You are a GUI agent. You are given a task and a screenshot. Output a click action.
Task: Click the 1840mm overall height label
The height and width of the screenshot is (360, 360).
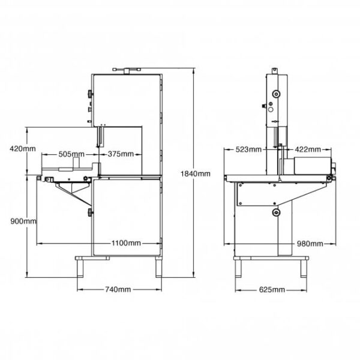tap(195, 173)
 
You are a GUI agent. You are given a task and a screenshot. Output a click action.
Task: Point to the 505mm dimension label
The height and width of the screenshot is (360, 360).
tap(71, 154)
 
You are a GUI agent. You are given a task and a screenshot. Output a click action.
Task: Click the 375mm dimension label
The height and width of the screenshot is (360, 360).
tap(121, 154)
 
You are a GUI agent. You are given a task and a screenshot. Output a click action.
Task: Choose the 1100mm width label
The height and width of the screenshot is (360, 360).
tap(127, 243)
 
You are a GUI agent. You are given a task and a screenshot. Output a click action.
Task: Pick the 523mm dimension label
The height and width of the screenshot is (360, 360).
tap(248, 149)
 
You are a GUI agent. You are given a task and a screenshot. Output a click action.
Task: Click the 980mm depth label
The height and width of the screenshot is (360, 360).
tap(309, 244)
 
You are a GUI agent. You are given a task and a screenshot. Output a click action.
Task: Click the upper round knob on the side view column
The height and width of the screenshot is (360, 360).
tap(276, 94)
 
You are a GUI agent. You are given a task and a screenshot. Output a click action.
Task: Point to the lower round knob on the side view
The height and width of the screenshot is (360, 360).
tap(277, 213)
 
